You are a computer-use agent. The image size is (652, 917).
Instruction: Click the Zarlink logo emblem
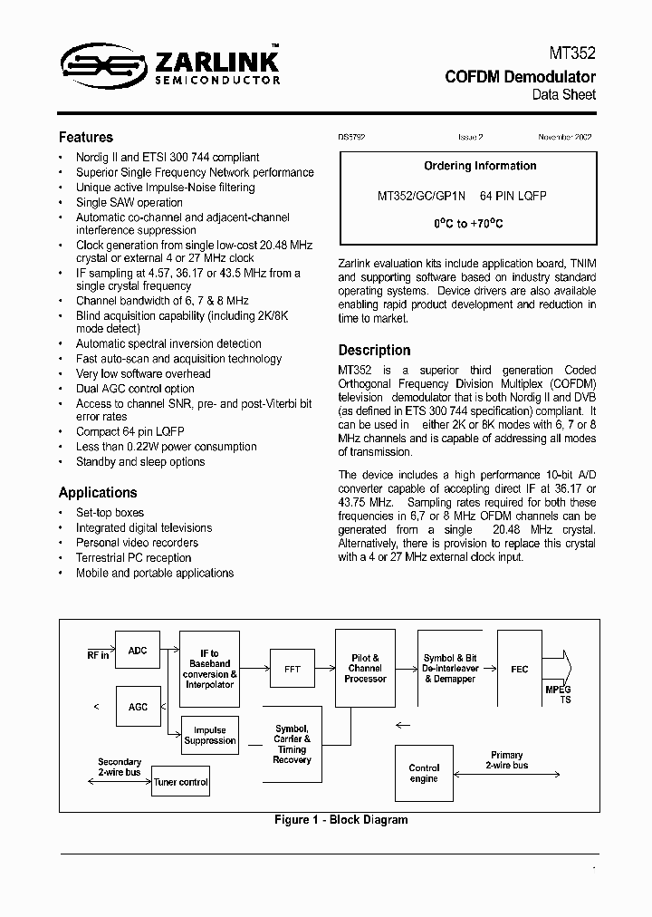click(102, 64)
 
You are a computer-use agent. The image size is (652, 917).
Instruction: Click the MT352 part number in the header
click(574, 55)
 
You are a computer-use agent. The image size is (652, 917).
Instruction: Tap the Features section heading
click(86, 138)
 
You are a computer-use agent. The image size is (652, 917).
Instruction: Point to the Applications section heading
click(98, 493)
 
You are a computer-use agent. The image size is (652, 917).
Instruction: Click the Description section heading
click(374, 350)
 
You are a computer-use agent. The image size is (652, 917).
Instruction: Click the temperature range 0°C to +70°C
click(467, 223)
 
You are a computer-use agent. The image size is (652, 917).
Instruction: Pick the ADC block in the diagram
click(138, 651)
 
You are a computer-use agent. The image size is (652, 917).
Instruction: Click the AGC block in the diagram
click(138, 707)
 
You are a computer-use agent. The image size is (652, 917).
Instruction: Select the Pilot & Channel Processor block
click(364, 669)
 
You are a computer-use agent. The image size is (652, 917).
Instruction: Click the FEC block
click(519, 669)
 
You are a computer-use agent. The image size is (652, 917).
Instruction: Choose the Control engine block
click(423, 773)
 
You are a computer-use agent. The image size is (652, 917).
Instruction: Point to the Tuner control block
click(181, 782)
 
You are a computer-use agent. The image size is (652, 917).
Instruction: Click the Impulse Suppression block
click(209, 735)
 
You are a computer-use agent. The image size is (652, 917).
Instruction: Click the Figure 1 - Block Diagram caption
click(340, 819)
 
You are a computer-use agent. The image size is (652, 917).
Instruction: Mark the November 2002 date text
click(564, 137)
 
